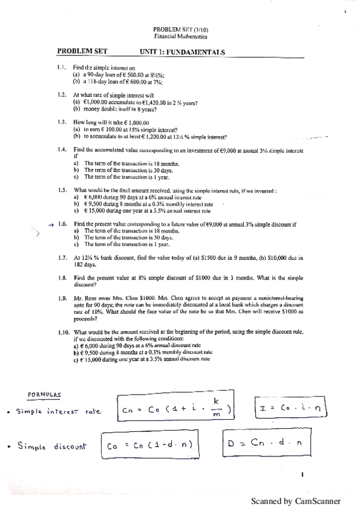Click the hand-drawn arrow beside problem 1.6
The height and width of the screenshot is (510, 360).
[50, 224]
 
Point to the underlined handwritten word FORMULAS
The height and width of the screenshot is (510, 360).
[44, 395]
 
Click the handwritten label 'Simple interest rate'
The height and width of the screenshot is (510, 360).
[57, 411]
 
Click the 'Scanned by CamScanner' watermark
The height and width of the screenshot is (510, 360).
[295, 500]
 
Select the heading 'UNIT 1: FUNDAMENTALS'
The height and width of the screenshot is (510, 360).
[182, 52]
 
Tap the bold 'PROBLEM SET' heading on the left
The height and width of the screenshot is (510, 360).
[82, 52]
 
